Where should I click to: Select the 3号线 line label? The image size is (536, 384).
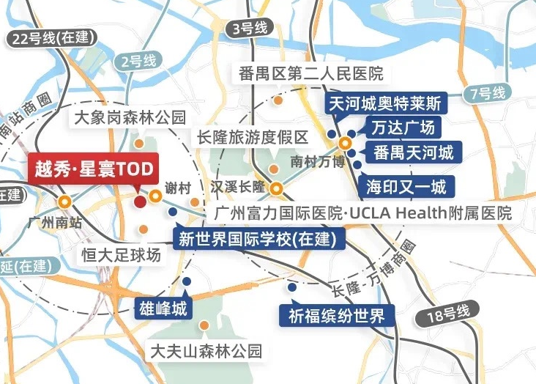247,29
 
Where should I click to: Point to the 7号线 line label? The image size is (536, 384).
488,93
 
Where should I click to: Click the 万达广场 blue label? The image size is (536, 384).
402,128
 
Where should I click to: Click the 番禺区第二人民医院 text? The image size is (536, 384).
311,74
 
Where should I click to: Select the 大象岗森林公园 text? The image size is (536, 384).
130,117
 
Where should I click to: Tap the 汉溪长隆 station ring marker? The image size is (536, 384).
277,189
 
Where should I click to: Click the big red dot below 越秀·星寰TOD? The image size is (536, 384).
140,201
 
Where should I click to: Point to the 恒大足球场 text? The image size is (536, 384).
120,256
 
